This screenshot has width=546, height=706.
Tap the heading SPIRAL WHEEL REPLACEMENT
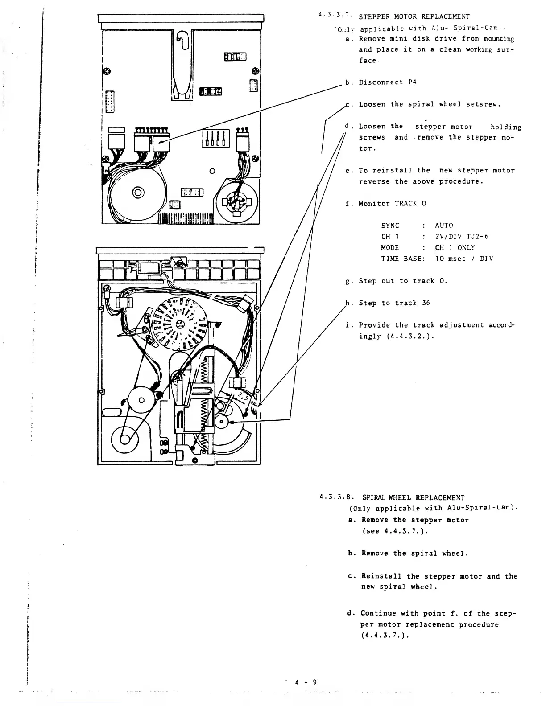click(x=413, y=498)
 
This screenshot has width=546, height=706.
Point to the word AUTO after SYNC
click(x=443, y=226)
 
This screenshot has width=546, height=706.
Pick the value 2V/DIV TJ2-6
click(x=461, y=237)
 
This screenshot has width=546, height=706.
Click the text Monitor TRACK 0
click(x=392, y=204)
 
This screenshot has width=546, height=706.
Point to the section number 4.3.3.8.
click(x=335, y=498)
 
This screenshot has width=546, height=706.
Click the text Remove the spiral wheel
click(x=414, y=554)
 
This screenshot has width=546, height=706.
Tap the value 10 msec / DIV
click(x=463, y=259)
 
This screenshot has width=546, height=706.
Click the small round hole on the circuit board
click(x=212, y=170)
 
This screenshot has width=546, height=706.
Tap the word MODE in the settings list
click(x=390, y=248)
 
